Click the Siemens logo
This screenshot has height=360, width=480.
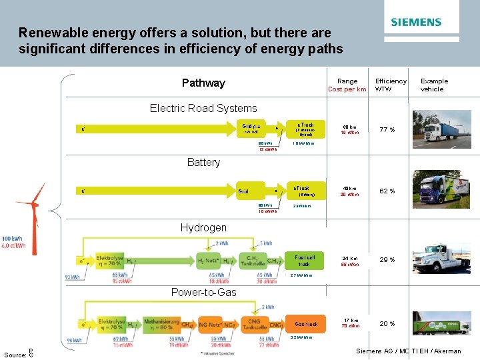pyautogui.click(x=416, y=22)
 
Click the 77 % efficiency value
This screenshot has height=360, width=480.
pyautogui.click(x=387, y=129)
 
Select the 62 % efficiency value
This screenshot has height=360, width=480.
pyautogui.click(x=387, y=191)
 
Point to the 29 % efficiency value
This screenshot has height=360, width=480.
pyautogui.click(x=387, y=260)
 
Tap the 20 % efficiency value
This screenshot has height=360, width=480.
pyautogui.click(x=387, y=324)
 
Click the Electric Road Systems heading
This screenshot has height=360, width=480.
pyautogui.click(x=203, y=108)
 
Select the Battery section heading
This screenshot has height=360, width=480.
pyautogui.click(x=203, y=162)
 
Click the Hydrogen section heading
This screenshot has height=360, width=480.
pyautogui.click(x=203, y=227)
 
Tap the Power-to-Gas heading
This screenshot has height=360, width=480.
pyautogui.click(x=203, y=292)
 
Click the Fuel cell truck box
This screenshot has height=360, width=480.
pyautogui.click(x=304, y=260)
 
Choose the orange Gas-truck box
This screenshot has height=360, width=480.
pyautogui.click(x=306, y=325)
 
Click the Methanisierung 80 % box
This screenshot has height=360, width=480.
pyautogui.click(x=161, y=325)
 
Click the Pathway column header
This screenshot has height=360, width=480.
pyautogui.click(x=203, y=83)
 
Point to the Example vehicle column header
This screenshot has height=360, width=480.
pyautogui.click(x=434, y=85)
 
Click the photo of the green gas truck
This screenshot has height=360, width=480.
pyautogui.click(x=436, y=323)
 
